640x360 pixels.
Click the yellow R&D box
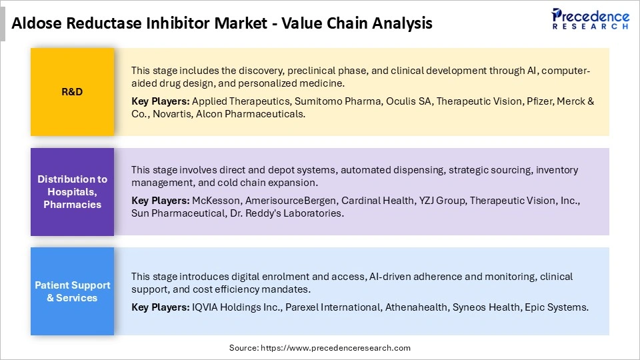coord(72,91)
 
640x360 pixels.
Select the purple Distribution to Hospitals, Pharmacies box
coord(72,191)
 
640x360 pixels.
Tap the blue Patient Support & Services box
coord(72,291)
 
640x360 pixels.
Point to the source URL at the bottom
coord(320,347)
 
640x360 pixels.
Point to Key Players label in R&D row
coord(160,101)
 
